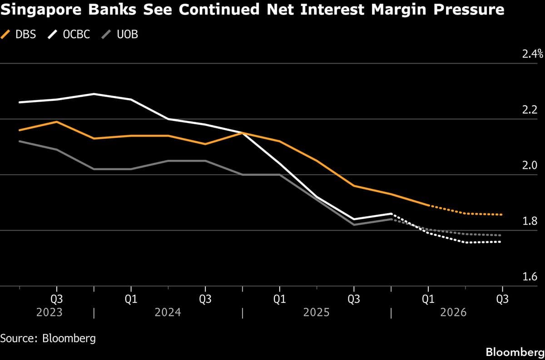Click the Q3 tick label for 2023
[x=56, y=299]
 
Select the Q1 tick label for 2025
[x=279, y=299]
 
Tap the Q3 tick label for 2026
[x=502, y=299]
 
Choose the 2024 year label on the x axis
[x=168, y=313]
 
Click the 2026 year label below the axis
[x=453, y=313]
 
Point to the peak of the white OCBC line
[x=94, y=94]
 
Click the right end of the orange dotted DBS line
[x=502, y=214]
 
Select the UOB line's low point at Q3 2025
[x=354, y=225]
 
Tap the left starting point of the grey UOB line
[x=19, y=141]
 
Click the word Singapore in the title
[x=44, y=10]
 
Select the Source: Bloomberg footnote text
[x=48, y=338]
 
